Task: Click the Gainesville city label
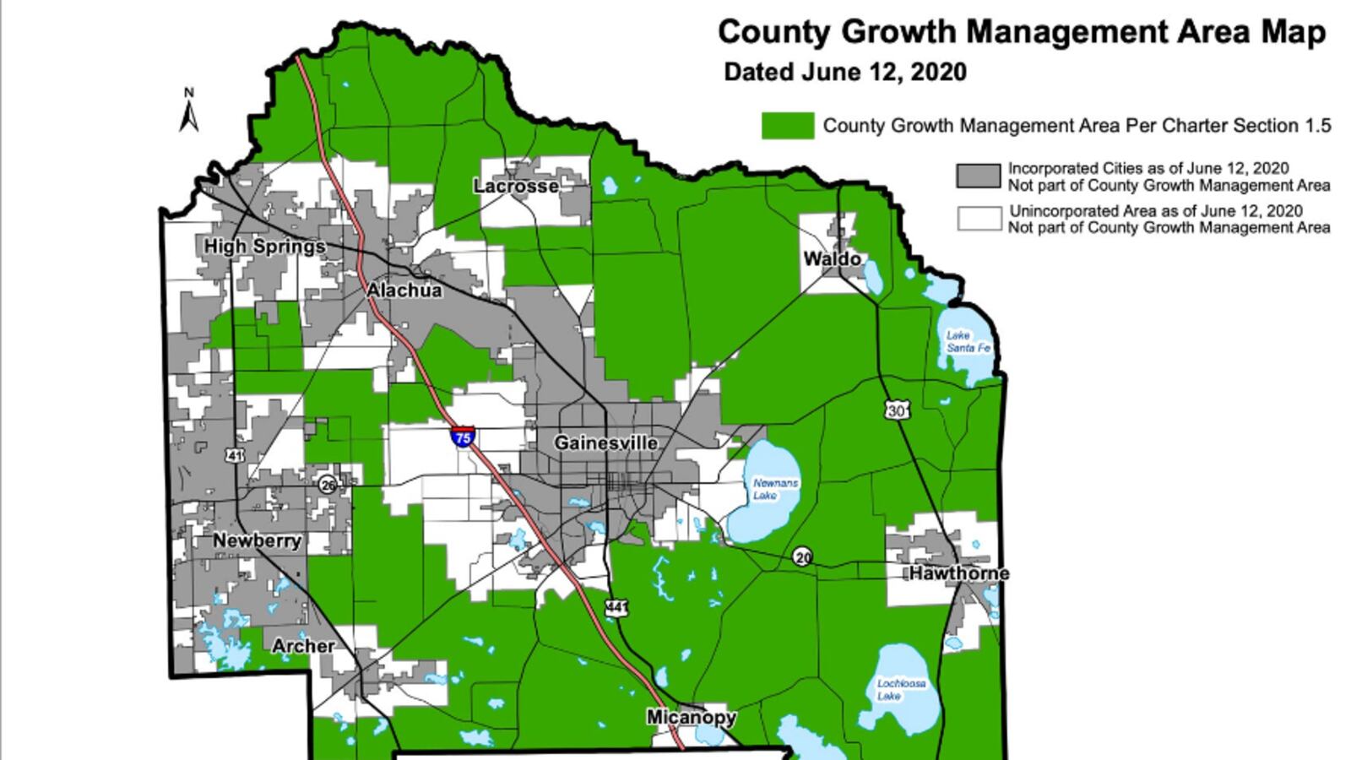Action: point(605,443)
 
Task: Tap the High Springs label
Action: point(264,247)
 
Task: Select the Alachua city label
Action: point(404,290)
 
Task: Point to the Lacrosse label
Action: point(516,186)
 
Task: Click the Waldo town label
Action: point(831,258)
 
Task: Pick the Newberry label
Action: point(257,540)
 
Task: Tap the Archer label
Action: point(302,646)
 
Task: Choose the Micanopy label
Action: point(691,717)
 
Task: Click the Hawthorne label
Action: point(958,573)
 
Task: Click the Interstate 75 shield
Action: point(462,437)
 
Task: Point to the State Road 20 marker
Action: point(802,556)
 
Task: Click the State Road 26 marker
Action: point(328,485)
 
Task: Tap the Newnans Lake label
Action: point(774,489)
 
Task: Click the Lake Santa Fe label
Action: point(968,341)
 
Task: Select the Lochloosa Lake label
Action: point(900,689)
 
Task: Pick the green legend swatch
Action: point(787,126)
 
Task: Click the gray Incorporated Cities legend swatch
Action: point(978,176)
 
